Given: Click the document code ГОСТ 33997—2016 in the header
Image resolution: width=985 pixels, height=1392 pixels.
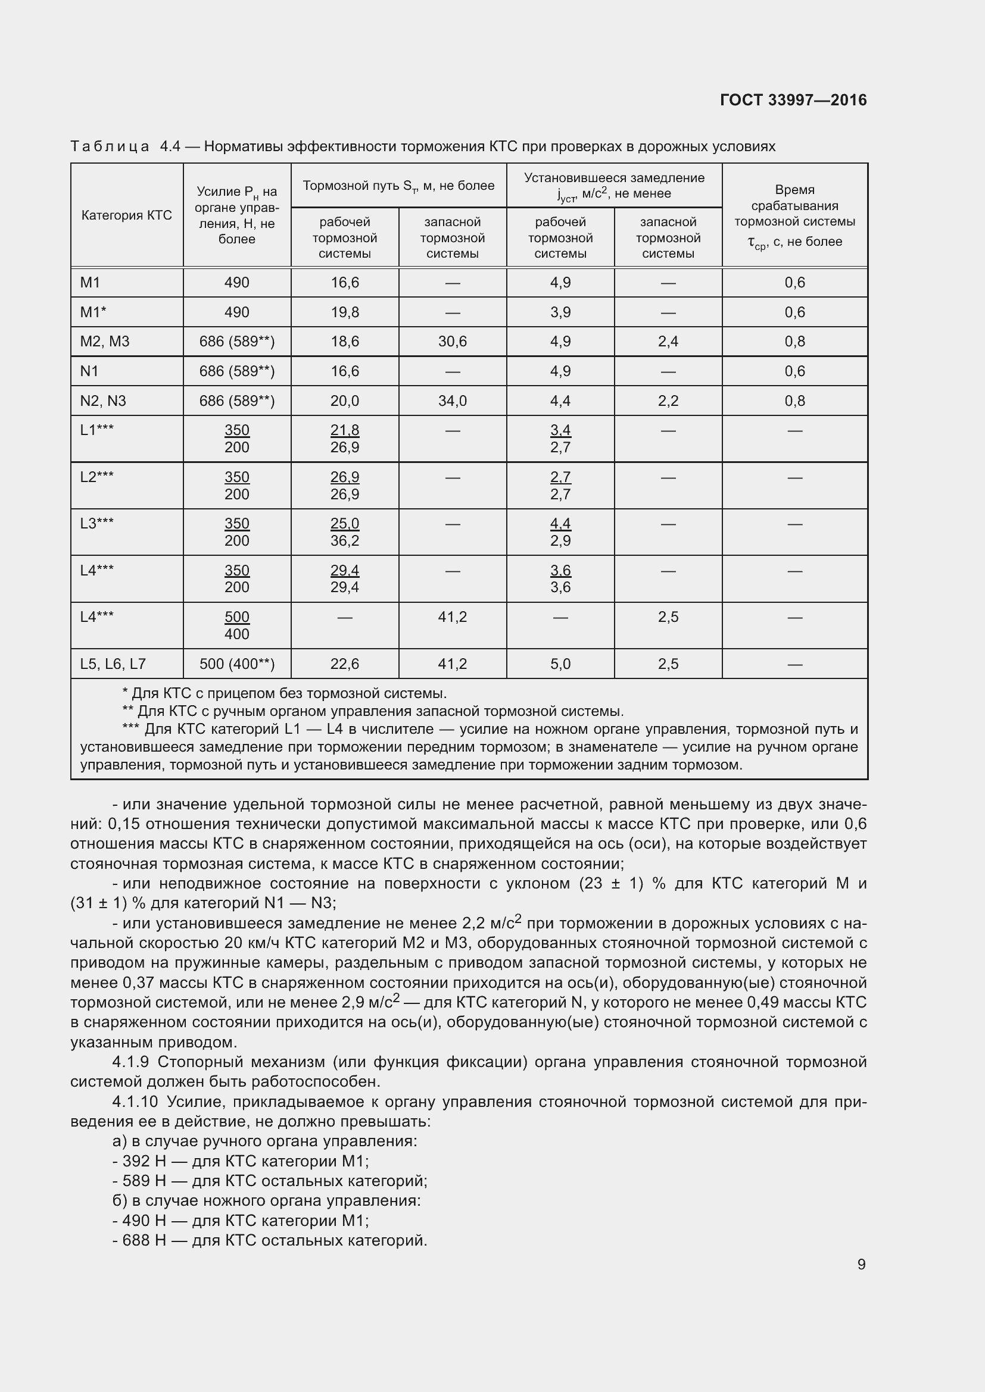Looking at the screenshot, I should tap(793, 100).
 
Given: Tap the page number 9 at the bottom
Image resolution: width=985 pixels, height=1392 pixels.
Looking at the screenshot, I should tap(861, 1264).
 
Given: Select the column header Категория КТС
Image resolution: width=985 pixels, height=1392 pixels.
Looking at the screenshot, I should tap(126, 215).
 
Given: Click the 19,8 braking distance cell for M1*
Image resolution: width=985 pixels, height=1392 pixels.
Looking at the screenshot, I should tap(344, 312).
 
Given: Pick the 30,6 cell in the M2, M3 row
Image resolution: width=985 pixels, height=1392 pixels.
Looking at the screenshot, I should tap(453, 342).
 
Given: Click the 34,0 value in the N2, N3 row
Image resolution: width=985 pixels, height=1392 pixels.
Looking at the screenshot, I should tap(453, 401).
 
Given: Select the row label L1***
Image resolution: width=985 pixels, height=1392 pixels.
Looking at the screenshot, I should tap(97, 430).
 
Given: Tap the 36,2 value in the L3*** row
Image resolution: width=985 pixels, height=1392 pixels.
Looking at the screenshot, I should tap(344, 540).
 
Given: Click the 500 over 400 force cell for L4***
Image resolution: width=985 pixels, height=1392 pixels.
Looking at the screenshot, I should tap(236, 625).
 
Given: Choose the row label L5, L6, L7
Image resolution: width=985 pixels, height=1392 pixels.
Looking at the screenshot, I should tap(113, 664).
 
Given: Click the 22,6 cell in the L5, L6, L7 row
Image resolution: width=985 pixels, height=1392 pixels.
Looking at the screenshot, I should tap(344, 664).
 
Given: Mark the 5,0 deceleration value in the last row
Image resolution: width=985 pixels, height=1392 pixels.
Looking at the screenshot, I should tap(560, 664).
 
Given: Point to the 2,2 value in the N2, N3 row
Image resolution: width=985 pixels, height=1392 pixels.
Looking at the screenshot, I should tap(668, 401).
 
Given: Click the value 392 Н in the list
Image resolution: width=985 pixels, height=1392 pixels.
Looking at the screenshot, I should tap(144, 1161).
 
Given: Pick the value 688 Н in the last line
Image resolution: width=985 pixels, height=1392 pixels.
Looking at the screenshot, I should tap(144, 1240).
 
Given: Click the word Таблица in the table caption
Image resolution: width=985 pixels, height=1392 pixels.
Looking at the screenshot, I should tap(110, 147).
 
